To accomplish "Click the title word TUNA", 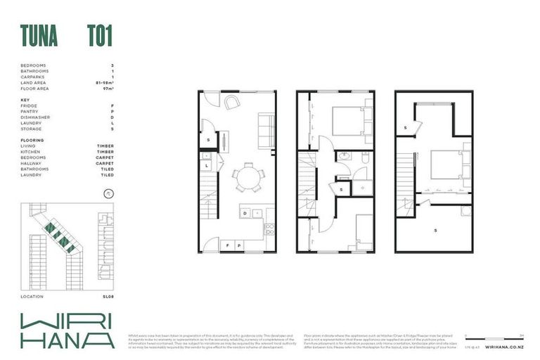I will pos(39,35).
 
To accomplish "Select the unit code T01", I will pos(99,35).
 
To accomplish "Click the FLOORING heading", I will pos(32,141).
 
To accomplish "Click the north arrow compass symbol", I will pos(108,192).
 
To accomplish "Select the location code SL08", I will pos(108,297).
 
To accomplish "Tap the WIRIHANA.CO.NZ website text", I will pos(504,347).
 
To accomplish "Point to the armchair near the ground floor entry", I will pos(232,102).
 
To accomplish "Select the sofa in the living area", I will pos(266,131).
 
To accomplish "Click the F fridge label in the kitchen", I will pos(228,245).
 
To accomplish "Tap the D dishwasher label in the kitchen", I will pos(245,212).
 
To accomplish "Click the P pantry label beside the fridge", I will pos(239,245).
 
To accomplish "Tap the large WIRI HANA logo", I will pos(67,330).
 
